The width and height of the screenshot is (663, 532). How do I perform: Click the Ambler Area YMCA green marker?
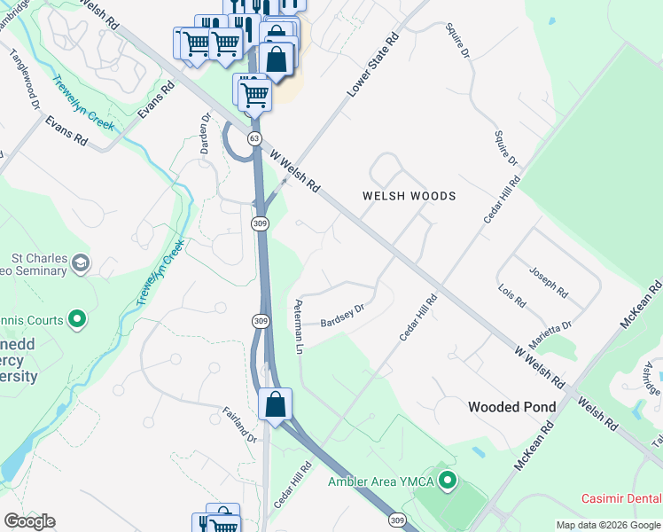pos(448,481)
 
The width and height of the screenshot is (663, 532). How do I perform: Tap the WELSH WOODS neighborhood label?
pos(409,196)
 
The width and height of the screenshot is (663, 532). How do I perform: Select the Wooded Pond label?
pos(511,407)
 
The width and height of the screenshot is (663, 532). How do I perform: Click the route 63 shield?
pos(255,138)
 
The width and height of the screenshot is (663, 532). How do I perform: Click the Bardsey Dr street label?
pos(342,316)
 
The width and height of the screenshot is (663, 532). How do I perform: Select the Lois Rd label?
pos(512,295)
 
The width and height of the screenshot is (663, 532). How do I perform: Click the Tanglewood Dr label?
pos(26,77)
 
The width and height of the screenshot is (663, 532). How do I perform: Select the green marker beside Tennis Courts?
pos(77,319)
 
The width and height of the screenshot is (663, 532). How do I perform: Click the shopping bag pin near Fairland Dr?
pos(276,404)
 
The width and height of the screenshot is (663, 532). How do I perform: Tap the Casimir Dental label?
pos(620,499)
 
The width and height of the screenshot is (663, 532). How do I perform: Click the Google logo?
pos(28,521)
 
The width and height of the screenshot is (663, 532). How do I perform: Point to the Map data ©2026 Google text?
pos(608,525)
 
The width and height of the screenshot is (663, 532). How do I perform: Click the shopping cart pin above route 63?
pos(254,91)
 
